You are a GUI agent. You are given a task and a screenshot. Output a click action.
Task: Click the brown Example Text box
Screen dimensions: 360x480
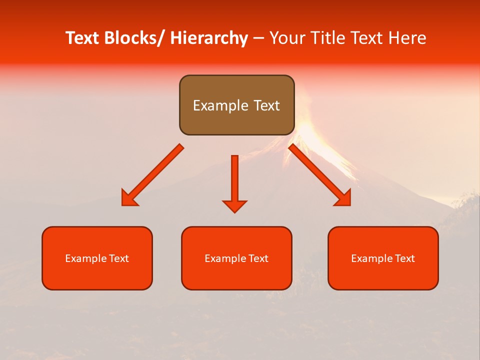236,105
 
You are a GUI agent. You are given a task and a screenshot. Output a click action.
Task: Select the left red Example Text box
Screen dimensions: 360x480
97,258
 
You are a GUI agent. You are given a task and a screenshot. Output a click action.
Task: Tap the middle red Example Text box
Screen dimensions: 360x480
236,258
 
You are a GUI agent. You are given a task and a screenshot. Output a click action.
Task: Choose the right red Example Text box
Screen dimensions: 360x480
383,258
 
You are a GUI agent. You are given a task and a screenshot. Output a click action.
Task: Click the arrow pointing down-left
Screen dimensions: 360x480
152,175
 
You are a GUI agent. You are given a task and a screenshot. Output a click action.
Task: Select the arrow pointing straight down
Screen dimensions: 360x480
234,182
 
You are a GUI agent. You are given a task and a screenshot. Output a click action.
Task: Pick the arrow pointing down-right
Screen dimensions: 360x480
320,175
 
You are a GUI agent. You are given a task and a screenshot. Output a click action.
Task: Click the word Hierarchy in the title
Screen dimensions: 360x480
208,38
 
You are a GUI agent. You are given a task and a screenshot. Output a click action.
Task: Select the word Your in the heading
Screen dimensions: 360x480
286,38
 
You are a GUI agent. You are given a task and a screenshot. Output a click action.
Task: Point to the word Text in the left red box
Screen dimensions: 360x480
118,258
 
